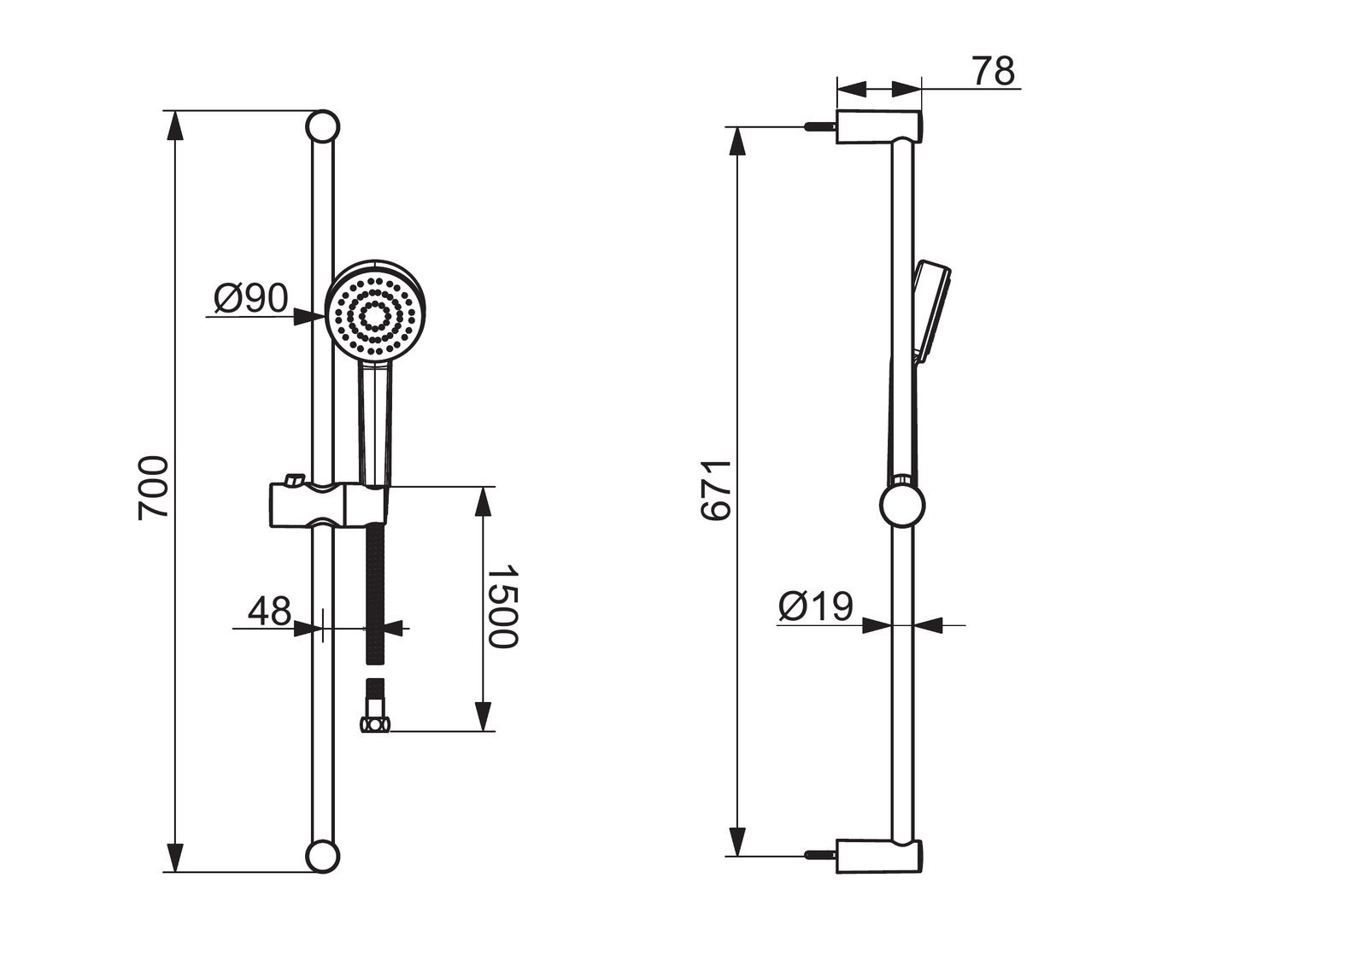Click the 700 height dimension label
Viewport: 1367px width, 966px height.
(153, 488)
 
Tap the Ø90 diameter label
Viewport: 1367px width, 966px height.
(251, 298)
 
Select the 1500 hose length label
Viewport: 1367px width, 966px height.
(504, 607)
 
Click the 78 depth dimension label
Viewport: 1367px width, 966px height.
(994, 71)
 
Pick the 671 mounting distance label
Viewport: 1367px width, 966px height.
(716, 490)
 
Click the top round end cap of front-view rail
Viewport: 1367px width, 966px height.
(322, 127)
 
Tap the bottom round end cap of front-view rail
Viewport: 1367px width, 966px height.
(322, 856)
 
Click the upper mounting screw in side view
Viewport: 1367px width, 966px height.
(820, 127)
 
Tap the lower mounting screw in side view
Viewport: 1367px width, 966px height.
(820, 856)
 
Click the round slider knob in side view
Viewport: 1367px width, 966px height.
(902, 506)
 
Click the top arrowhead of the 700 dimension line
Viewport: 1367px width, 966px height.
(175, 126)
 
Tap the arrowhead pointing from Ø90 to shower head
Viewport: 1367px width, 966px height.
(309, 317)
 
